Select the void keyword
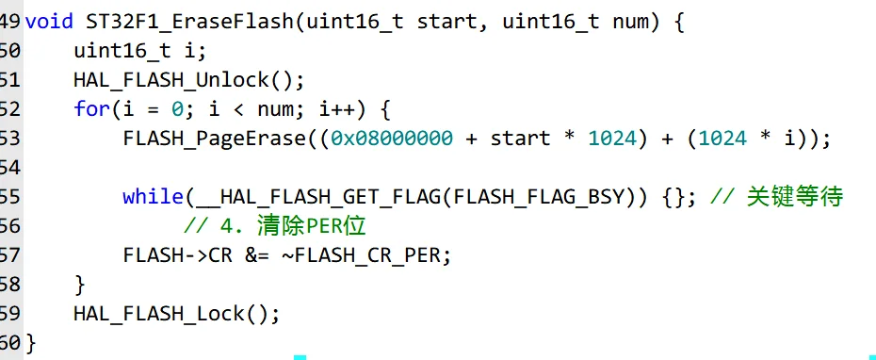click(48, 21)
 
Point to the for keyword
click(91, 108)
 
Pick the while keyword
click(153, 196)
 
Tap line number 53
click(9, 139)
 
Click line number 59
click(9, 313)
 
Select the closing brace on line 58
click(79, 284)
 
